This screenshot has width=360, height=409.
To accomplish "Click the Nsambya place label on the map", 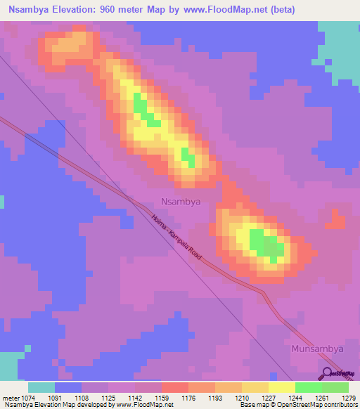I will [181, 201].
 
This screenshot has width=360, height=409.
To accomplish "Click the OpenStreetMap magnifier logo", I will [328, 375].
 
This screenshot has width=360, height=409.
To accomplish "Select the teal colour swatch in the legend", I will [41, 387].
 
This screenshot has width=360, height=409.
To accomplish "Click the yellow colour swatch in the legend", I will [282, 387].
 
